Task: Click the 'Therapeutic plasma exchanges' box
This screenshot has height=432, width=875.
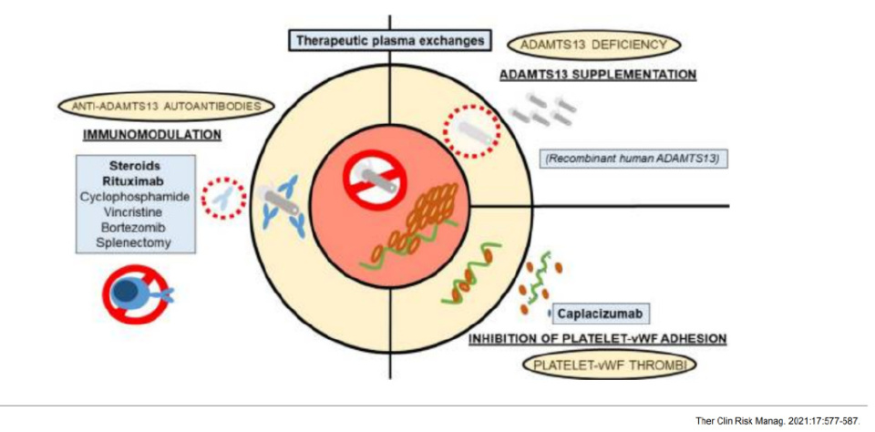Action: (389, 41)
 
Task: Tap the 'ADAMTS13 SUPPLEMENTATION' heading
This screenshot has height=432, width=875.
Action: (597, 74)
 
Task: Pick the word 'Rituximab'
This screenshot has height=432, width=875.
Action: (137, 180)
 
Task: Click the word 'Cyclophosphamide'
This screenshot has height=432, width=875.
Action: (137, 196)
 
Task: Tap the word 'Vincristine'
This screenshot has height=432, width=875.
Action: (137, 211)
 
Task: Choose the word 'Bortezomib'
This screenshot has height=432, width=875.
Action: (137, 227)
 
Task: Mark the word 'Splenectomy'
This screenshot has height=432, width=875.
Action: (137, 242)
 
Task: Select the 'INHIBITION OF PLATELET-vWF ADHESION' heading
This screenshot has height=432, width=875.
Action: (597, 339)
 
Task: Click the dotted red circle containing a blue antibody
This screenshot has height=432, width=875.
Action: (223, 197)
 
